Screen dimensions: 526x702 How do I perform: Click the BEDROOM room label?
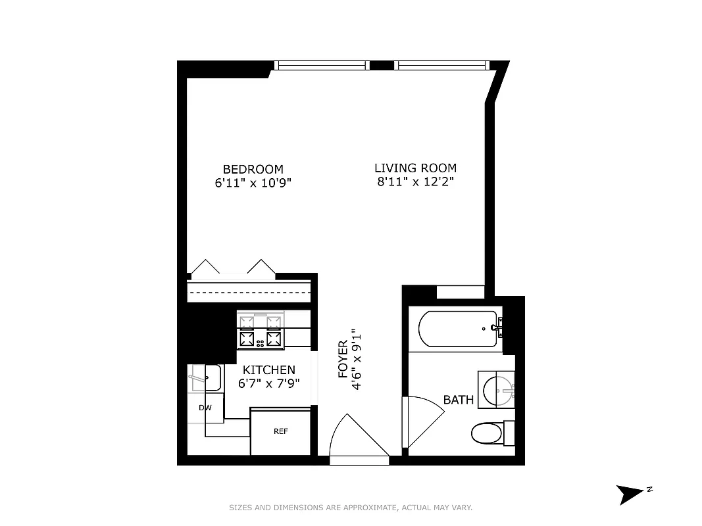(x=253, y=169)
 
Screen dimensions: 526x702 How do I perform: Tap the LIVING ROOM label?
(x=415, y=168)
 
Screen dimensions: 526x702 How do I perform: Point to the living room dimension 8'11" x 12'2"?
(x=415, y=182)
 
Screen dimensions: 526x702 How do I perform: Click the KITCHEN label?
(x=269, y=370)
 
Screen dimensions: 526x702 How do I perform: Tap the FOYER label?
(x=343, y=360)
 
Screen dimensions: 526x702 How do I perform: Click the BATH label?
(x=458, y=399)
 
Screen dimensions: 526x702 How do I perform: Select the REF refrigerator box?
(x=281, y=432)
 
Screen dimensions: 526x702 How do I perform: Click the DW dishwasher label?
(x=205, y=408)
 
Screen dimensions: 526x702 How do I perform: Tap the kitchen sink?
(x=205, y=378)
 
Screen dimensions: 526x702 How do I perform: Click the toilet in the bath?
(x=488, y=433)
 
